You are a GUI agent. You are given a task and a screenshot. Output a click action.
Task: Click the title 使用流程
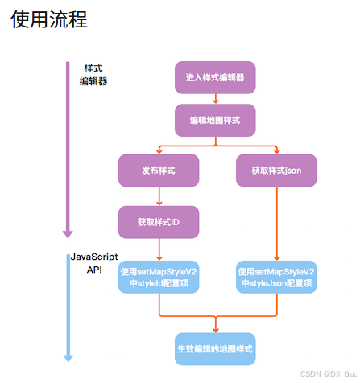tap(49, 19)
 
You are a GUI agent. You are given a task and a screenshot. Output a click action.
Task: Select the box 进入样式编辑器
tap(215, 77)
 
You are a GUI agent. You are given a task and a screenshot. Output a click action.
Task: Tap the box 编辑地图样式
tap(215, 121)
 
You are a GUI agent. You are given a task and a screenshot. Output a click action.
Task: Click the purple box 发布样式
tap(159, 171)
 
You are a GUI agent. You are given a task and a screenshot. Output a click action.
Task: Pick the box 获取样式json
tap(277, 171)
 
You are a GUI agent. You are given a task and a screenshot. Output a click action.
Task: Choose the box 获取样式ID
tap(159, 221)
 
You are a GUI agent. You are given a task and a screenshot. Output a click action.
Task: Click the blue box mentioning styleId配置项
tap(159, 278)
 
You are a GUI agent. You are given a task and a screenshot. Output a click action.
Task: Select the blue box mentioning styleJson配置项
tap(277, 278)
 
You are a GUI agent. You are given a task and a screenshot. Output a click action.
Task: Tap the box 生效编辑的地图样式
tap(215, 350)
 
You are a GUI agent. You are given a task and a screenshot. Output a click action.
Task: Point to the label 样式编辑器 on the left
tap(93, 75)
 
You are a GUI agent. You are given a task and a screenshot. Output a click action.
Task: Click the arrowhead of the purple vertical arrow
tap(68, 233)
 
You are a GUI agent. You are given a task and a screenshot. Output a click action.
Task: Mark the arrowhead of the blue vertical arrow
tap(68, 356)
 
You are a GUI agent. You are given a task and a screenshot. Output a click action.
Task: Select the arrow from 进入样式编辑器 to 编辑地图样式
tap(215, 99)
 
